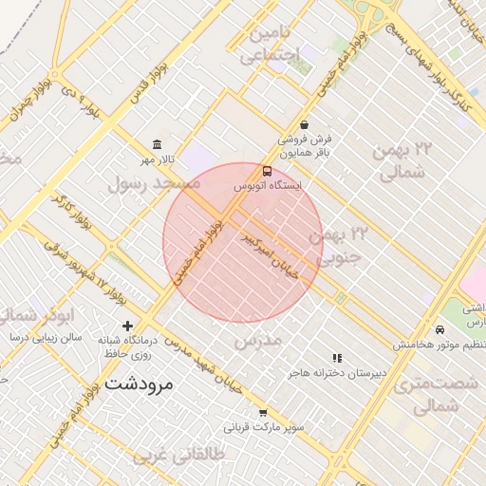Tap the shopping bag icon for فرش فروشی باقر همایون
(x=303, y=124)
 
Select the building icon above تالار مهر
(x=156, y=144)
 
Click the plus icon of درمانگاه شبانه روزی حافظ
(x=128, y=326)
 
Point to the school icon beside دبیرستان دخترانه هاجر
(x=337, y=358)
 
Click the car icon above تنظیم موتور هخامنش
(x=439, y=328)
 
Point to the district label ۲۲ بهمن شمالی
(x=403, y=162)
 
